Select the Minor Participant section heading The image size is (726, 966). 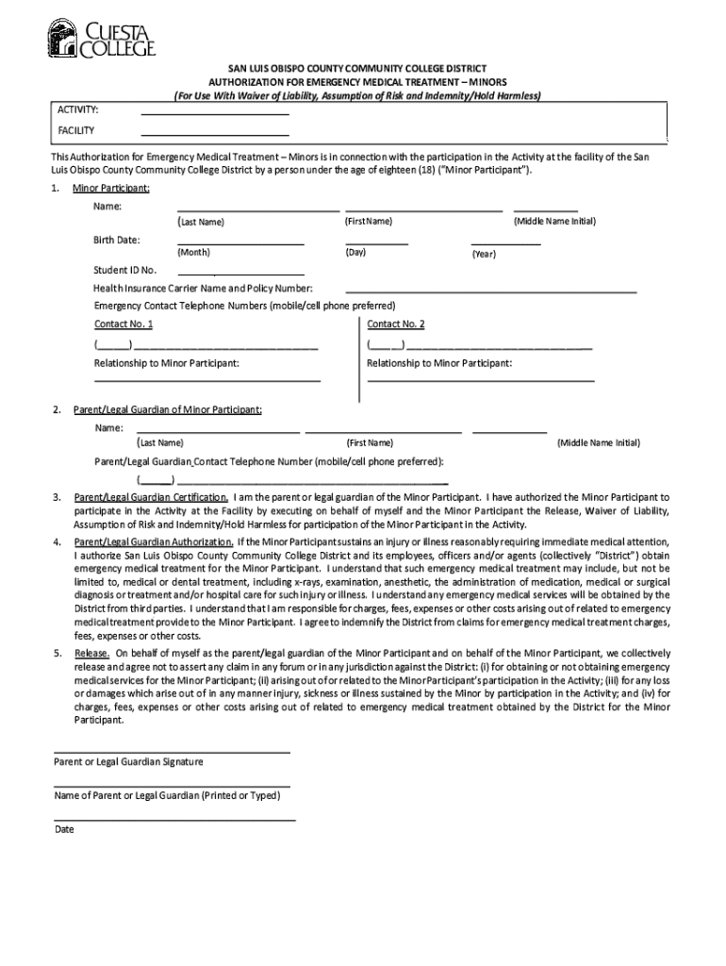(x=111, y=189)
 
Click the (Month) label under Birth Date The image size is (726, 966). (x=193, y=253)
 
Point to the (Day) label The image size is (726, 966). (x=355, y=253)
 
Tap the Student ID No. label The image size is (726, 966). (x=124, y=271)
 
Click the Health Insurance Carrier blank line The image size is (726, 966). (x=491, y=291)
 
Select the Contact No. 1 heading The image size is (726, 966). (x=124, y=325)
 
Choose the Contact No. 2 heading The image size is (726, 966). (x=396, y=325)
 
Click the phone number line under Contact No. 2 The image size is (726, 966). (x=480, y=347)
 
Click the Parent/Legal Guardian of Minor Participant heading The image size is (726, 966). (x=168, y=409)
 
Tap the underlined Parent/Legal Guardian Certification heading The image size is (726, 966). (x=151, y=496)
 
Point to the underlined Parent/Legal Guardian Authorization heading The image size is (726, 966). (x=154, y=542)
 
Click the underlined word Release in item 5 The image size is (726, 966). (x=91, y=653)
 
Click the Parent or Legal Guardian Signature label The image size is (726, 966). (x=128, y=761)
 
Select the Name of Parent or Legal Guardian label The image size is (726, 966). (x=167, y=795)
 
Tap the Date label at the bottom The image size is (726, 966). (x=64, y=829)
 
